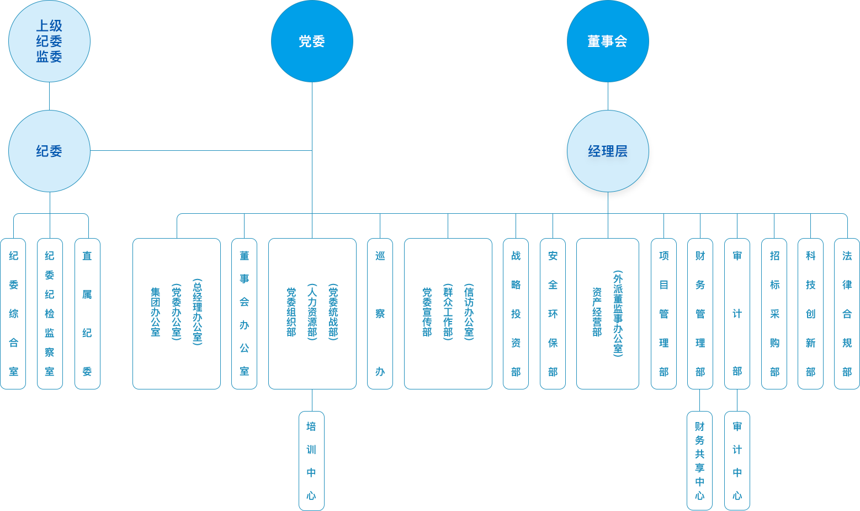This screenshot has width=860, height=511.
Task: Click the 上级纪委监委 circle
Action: (49, 41)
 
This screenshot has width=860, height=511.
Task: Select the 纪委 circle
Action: (49, 151)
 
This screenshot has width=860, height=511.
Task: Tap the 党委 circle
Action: (312, 41)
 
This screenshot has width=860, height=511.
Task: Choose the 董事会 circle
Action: (608, 41)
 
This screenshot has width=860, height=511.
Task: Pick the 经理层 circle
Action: (608, 151)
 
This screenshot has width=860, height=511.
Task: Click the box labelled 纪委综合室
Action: (13, 313)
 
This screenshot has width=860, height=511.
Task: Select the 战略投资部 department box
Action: (516, 313)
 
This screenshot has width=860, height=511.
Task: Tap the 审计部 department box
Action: (737, 313)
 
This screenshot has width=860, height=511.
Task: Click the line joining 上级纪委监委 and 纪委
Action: (49, 96)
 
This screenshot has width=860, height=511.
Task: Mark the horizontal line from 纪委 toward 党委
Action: (200, 150)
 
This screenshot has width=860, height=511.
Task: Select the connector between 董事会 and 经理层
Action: (608, 95)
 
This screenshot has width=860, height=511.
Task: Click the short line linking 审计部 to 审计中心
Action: (737, 400)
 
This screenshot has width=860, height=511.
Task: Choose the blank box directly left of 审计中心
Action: (699, 460)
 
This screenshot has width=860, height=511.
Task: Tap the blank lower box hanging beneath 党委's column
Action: (311, 460)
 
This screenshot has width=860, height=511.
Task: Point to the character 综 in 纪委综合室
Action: (13, 314)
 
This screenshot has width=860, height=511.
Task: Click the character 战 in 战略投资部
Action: (516, 255)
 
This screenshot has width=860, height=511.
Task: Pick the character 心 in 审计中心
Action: (737, 495)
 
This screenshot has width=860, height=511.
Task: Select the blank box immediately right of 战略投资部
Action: (553, 313)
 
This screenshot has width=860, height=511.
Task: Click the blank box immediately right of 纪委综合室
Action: (50, 313)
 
